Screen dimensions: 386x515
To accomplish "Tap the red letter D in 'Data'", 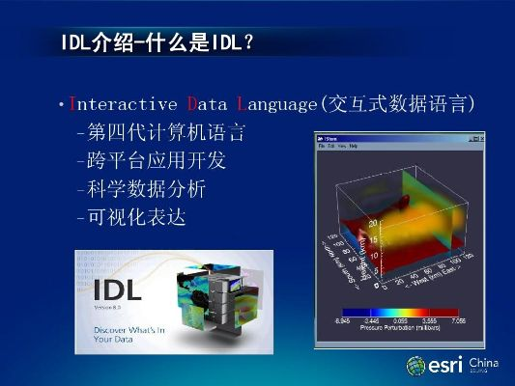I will tap(193, 104).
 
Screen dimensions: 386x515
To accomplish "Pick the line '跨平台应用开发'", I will tap(150, 160).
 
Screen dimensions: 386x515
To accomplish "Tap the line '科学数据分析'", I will tap(140, 189).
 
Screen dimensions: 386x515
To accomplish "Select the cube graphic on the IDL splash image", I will tap(222, 294).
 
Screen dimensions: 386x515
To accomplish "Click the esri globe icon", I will tap(416, 365).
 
